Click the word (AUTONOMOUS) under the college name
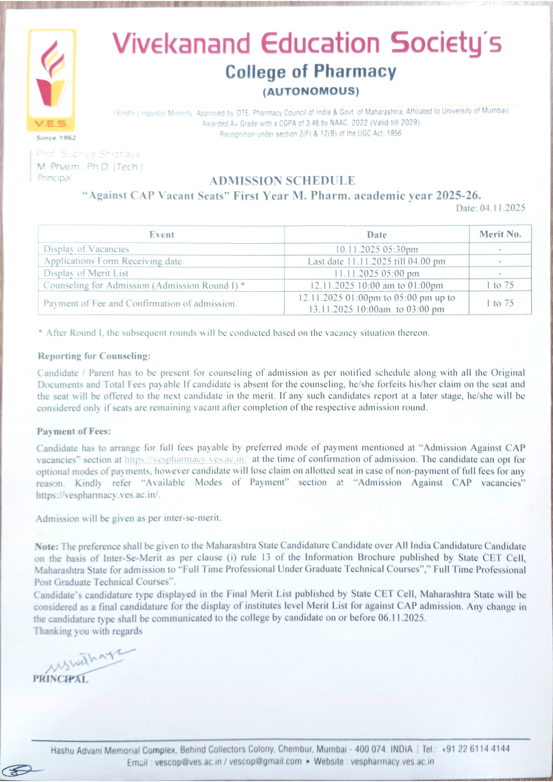(x=311, y=91)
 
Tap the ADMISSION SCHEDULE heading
(x=282, y=181)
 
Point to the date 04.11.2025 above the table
(x=502, y=208)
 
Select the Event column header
(x=162, y=235)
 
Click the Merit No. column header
(x=500, y=234)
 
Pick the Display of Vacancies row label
(x=86, y=249)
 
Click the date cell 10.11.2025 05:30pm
(x=376, y=249)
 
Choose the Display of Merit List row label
(x=86, y=273)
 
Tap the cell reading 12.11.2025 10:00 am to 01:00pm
(x=376, y=286)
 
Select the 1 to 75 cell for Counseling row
(x=500, y=285)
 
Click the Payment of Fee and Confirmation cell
(x=140, y=303)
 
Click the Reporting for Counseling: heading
(x=94, y=356)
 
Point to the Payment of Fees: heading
(x=74, y=431)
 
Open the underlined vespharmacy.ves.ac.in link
(x=186, y=459)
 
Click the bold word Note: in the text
(x=46, y=546)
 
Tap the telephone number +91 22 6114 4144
(x=475, y=749)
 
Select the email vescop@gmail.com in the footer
(x=265, y=762)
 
